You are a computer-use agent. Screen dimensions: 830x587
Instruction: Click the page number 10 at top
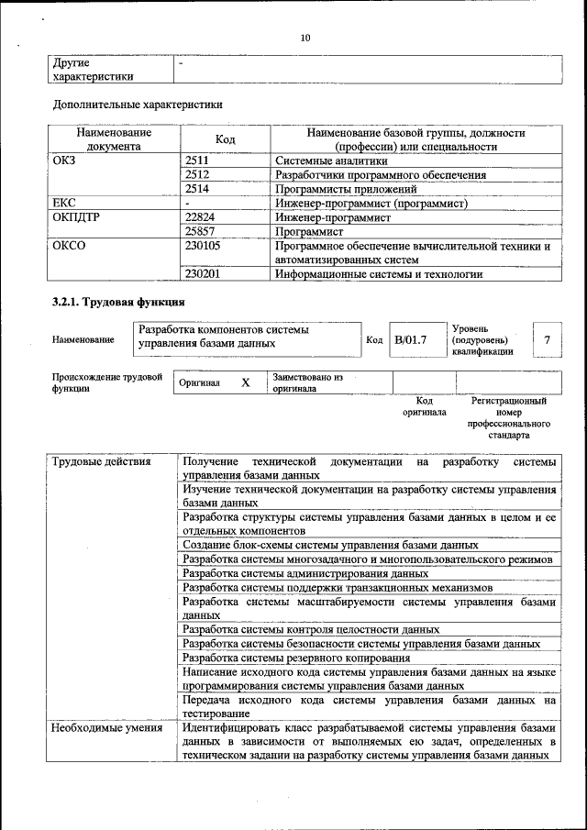point(305,38)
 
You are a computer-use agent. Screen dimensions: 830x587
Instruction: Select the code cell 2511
point(198,160)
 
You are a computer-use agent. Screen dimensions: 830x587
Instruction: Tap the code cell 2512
point(198,174)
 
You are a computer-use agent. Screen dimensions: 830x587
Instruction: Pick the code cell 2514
point(198,188)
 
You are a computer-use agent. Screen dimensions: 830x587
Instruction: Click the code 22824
point(201,217)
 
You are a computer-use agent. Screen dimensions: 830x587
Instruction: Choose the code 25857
point(201,232)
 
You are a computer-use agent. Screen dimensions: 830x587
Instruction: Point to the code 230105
point(204,246)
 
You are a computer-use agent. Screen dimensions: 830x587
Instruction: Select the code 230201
point(204,273)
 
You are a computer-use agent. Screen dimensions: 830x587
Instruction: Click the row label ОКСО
point(70,246)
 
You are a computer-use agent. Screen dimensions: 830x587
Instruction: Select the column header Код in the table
point(225,139)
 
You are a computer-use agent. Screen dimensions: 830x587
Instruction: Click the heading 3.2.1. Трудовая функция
point(119,302)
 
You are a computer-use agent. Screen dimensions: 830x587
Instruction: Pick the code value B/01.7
point(411,340)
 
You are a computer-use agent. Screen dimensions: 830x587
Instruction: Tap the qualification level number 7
point(547,340)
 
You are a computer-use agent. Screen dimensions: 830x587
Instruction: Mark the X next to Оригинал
point(245,382)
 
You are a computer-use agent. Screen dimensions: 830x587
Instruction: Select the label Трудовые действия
point(101,461)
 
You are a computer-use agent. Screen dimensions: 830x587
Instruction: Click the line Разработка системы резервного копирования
point(296,658)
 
